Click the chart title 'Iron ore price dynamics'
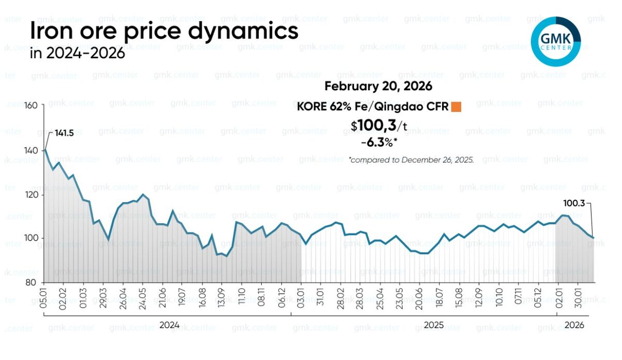(x=164, y=31)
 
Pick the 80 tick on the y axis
(x=32, y=283)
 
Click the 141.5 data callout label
(x=64, y=133)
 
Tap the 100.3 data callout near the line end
(x=574, y=204)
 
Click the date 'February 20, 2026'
(x=378, y=87)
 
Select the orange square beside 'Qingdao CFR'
(x=456, y=107)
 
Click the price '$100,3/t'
(x=378, y=125)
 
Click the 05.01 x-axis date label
(x=44, y=297)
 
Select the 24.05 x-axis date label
(x=143, y=297)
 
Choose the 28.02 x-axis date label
(x=341, y=297)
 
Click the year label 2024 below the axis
(x=169, y=325)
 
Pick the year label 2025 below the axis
(x=434, y=325)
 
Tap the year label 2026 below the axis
(x=574, y=325)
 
